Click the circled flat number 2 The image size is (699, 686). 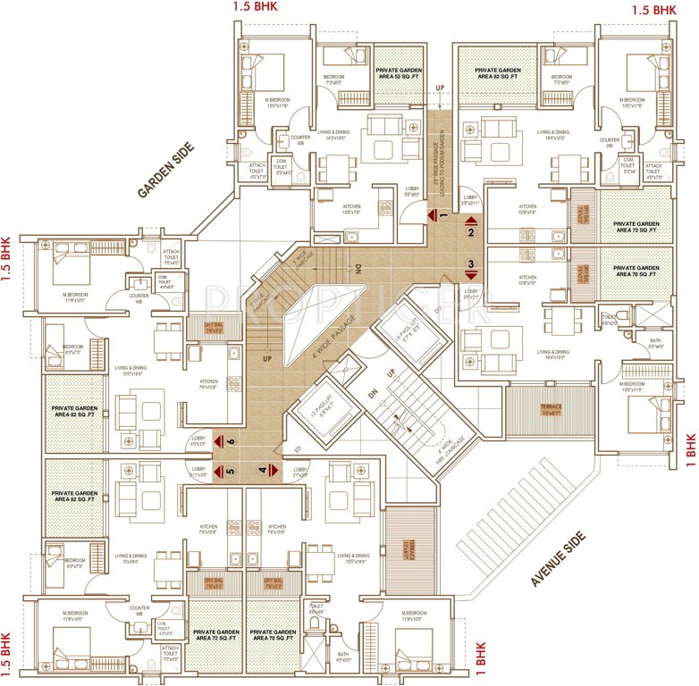tap(471, 233)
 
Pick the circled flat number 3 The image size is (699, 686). tap(471, 264)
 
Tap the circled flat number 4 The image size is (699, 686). tap(263, 471)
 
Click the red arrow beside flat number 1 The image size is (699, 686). tap(431, 215)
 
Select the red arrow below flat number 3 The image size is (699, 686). tap(471, 275)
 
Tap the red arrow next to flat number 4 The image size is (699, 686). tap(274, 471)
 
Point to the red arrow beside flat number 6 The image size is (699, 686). tap(218, 440)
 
